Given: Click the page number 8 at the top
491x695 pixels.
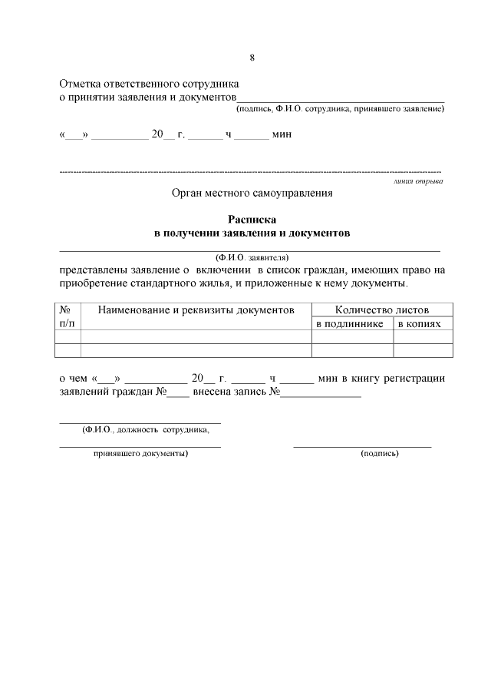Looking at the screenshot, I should tap(252, 58).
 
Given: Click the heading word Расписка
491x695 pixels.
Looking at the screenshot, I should tap(252, 220).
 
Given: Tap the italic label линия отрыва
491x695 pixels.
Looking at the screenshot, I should tap(417, 181).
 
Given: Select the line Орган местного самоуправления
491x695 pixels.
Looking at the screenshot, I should tap(252, 194).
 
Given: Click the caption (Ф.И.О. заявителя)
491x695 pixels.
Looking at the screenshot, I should tap(252, 258).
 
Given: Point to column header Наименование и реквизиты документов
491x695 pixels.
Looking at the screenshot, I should tap(196, 309).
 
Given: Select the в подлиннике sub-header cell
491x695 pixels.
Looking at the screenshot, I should tap(351, 324).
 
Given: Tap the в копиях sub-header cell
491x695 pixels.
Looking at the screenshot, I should tap(422, 324).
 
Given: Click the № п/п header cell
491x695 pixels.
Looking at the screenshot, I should tap(68, 316).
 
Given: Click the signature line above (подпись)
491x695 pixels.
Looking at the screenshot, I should tap(362, 445).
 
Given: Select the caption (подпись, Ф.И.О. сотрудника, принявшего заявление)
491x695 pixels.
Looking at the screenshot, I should tap(340, 110).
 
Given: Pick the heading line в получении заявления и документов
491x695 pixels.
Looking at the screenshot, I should tap(252, 233).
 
